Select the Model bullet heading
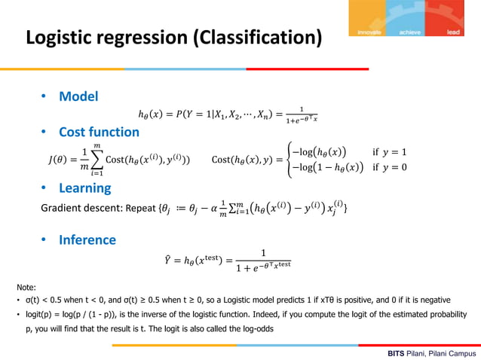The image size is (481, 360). click(78, 96)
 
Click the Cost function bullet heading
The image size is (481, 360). click(99, 132)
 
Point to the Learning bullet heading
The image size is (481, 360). click(85, 188)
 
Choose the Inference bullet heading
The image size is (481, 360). click(87, 240)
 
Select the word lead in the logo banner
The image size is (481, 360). click(453, 32)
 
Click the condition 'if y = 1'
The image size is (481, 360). click(389, 151)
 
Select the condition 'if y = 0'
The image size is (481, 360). click(389, 167)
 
